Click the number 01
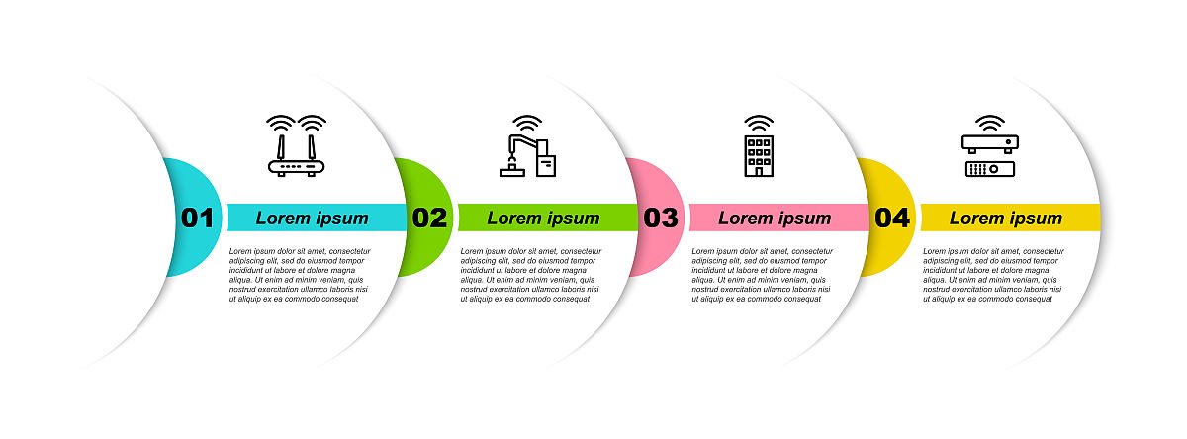[x=197, y=218]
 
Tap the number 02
[x=429, y=218]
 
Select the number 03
[x=661, y=218]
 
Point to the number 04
[x=892, y=218]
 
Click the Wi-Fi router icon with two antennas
[x=296, y=145]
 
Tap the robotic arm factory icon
[x=528, y=145]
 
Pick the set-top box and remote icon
[x=990, y=145]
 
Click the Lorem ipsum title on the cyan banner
[x=313, y=219]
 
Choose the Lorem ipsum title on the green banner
[x=543, y=219]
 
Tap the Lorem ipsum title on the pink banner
[x=775, y=219]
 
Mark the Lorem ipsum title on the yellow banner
[x=1006, y=219]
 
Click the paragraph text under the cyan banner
[x=300, y=275]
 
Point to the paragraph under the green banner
[x=530, y=275]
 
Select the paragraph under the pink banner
[x=762, y=275]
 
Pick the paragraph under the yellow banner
[x=993, y=275]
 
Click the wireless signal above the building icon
[x=759, y=122]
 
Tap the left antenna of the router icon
[x=281, y=147]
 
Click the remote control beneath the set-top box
[x=990, y=169]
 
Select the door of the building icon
[x=759, y=172]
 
